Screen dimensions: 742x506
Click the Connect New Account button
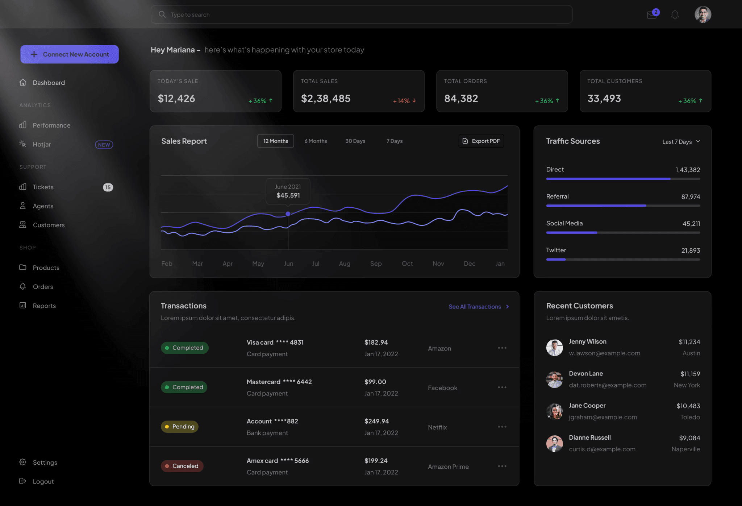coord(70,54)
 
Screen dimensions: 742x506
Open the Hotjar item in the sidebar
coord(42,144)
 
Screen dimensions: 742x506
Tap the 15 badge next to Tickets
coord(108,187)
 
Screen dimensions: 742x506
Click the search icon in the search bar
coord(162,14)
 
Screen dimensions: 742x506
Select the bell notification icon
coord(675,14)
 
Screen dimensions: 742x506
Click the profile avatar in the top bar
coord(703,14)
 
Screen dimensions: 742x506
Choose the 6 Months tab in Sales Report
coord(316,141)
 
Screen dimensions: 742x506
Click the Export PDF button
coord(481,141)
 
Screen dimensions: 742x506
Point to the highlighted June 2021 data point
coord(288,214)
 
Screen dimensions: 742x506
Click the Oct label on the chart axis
coord(407,264)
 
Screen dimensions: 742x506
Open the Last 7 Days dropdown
coord(681,142)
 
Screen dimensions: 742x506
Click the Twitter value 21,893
coord(691,250)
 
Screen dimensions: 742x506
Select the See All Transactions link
coord(479,307)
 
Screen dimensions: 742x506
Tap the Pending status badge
coord(180,427)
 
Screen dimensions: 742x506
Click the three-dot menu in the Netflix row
coord(502,427)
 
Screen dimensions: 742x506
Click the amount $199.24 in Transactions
coord(376,461)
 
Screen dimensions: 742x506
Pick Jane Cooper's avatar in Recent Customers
coord(554,411)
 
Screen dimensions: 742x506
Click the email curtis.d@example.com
coord(602,449)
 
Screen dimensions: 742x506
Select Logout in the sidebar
coord(43,481)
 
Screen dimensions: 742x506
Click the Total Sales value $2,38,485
coord(326,99)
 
